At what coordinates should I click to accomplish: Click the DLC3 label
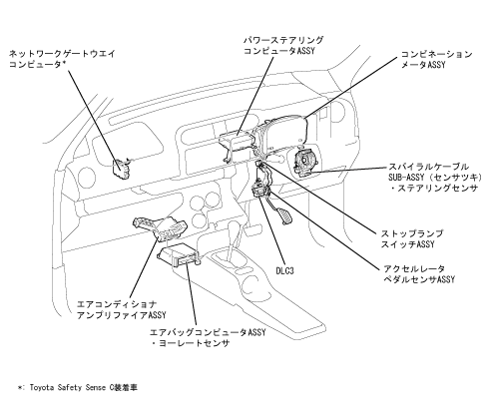tap(284, 270)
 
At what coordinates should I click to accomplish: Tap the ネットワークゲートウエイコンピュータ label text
tap(62, 59)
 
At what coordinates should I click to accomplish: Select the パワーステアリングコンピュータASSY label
tap(283, 46)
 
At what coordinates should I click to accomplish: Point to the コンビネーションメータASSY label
tap(436, 59)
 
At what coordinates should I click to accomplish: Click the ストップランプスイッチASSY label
tap(412, 238)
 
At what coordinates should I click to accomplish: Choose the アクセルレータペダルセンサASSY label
tap(419, 273)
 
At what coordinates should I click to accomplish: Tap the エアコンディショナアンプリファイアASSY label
tap(121, 309)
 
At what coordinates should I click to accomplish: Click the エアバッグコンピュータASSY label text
tap(208, 332)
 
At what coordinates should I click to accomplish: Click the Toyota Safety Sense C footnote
tap(78, 387)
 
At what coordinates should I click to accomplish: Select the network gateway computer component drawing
tap(121, 169)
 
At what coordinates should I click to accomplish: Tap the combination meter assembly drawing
tap(282, 132)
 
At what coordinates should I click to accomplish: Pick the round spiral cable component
tap(305, 162)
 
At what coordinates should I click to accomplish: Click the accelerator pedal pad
tap(285, 215)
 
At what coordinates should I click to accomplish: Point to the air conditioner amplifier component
tap(160, 227)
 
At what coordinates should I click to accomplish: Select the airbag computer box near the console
tap(179, 256)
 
